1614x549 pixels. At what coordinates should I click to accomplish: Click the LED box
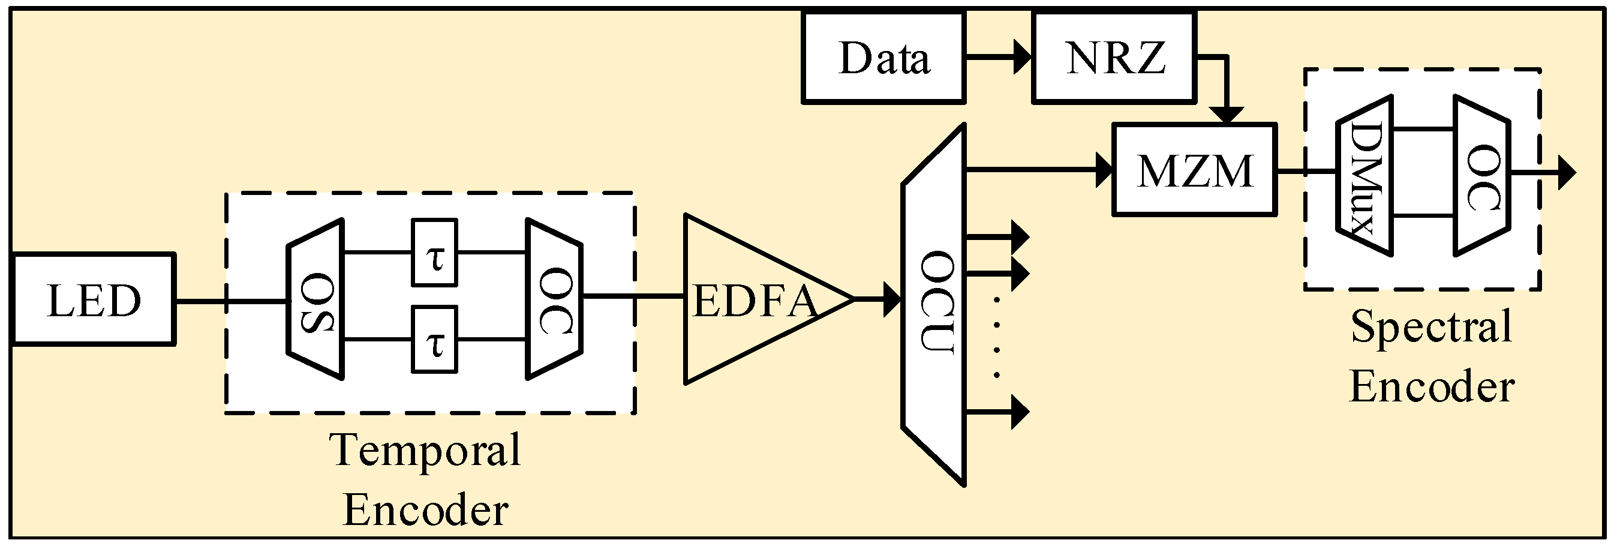(x=94, y=299)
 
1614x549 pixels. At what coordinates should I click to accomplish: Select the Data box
(x=883, y=58)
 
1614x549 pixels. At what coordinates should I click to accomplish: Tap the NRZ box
(x=1114, y=58)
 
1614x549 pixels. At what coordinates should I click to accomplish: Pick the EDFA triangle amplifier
(x=752, y=299)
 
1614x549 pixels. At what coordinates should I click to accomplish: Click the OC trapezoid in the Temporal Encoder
(x=554, y=299)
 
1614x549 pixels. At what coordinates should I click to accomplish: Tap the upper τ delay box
(x=434, y=253)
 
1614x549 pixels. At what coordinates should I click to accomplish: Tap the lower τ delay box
(x=434, y=340)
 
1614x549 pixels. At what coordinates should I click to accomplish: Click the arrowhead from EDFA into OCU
(x=892, y=299)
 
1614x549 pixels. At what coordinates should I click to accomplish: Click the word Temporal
(x=426, y=450)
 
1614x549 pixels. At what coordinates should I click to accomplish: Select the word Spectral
(x=1431, y=326)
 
